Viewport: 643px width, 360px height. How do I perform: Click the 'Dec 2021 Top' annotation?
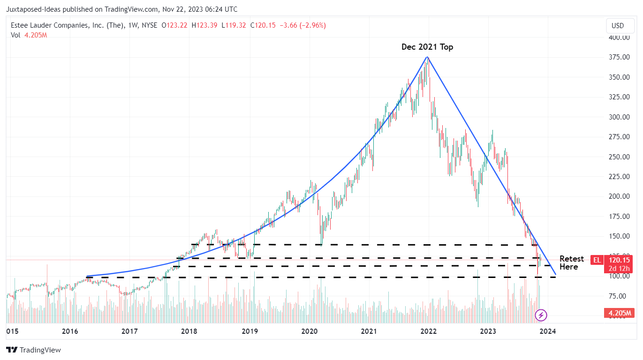pos(427,47)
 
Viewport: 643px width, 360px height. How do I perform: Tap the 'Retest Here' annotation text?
pos(571,263)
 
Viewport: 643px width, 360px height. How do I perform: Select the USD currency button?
pos(618,25)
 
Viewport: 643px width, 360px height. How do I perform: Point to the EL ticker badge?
pos(597,260)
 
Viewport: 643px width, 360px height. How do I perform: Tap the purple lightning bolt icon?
pos(541,315)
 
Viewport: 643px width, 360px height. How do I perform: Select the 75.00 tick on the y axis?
pos(619,296)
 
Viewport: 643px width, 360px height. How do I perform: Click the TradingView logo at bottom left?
pos(33,350)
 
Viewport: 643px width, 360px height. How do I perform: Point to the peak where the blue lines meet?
pos(427,57)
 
